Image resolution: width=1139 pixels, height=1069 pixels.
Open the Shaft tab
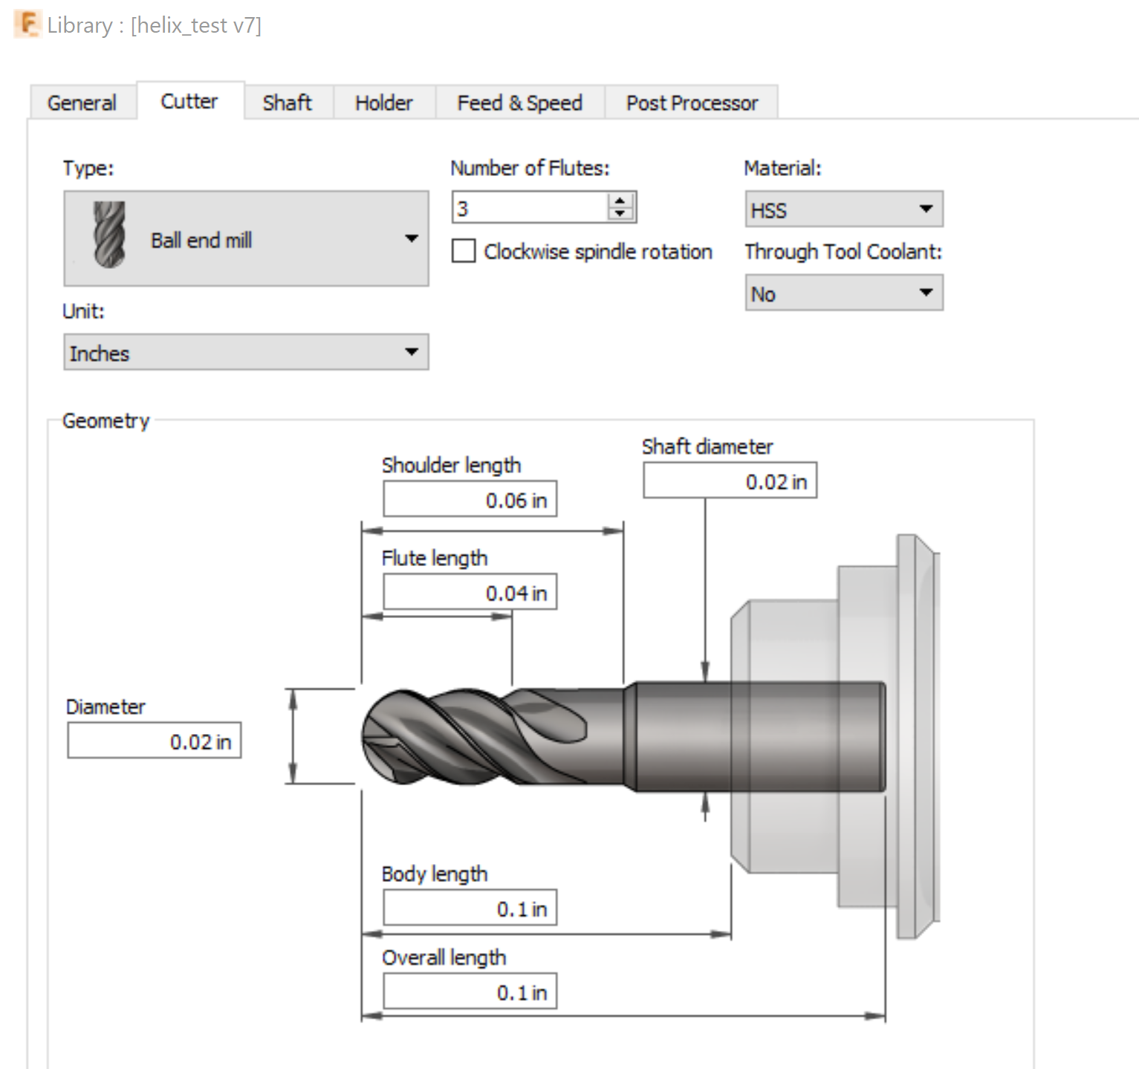(287, 103)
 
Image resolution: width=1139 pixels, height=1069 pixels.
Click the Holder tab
(383, 103)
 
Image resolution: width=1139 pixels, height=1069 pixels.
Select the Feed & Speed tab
(519, 103)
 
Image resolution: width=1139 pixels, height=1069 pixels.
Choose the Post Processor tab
(692, 103)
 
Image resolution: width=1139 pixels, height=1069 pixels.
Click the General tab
(82, 103)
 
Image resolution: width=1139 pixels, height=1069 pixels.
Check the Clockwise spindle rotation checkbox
(464, 251)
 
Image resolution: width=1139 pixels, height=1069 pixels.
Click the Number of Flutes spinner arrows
(620, 207)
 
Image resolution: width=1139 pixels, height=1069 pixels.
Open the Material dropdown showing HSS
(843, 209)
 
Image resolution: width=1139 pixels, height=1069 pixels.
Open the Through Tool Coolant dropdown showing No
(843, 293)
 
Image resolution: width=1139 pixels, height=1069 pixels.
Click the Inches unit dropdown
(245, 352)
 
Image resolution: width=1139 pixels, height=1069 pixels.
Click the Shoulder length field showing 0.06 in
(470, 500)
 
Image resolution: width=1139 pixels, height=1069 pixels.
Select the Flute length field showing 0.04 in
(470, 593)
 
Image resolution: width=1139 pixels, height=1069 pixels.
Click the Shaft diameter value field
(730, 481)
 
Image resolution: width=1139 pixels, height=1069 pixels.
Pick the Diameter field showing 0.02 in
(154, 741)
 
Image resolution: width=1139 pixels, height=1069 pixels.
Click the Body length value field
(470, 908)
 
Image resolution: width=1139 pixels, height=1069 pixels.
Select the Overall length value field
(470, 992)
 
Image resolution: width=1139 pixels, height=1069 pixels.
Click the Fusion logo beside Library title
(27, 25)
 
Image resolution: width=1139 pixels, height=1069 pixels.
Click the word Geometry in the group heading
(106, 420)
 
